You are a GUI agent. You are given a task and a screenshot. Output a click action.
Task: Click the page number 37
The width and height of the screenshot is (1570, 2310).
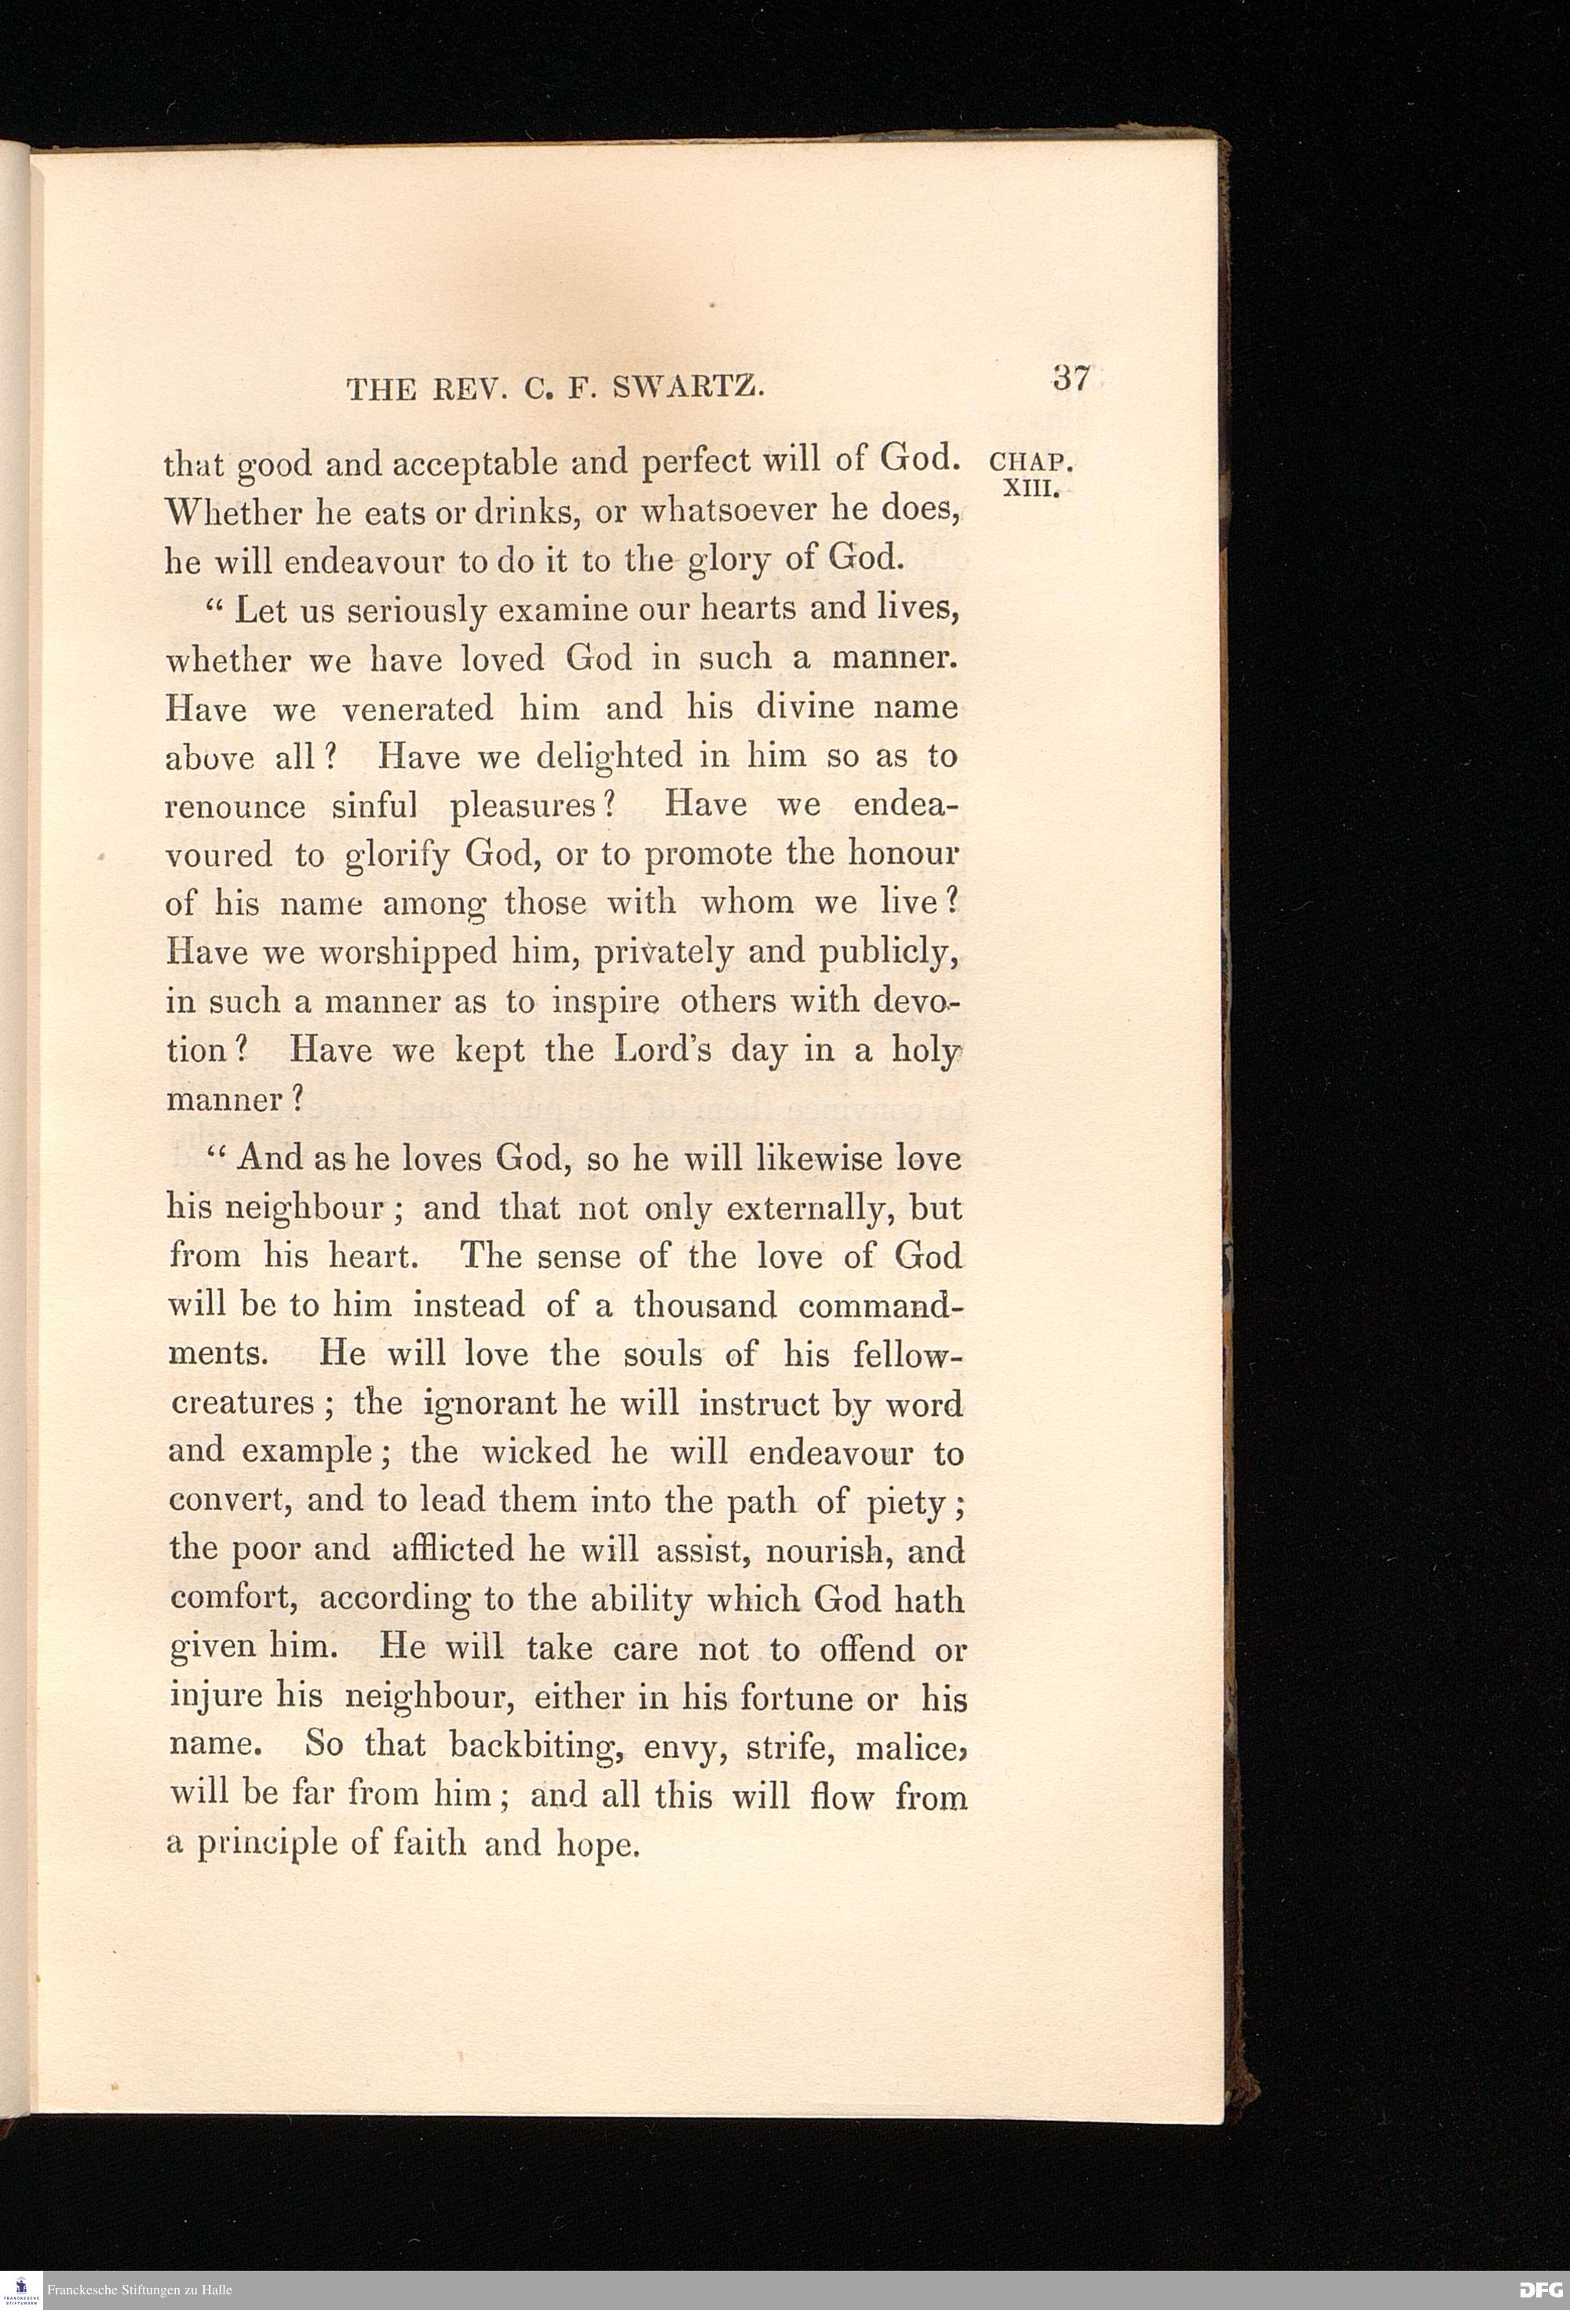1070,379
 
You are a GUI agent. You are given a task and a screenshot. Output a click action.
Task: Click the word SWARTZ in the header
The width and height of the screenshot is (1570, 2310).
688,388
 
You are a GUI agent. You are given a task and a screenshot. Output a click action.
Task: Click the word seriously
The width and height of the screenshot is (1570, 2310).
414,610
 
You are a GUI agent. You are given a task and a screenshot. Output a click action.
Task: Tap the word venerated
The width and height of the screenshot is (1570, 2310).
417,709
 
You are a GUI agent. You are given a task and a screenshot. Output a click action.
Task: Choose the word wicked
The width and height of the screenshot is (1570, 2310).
536,1452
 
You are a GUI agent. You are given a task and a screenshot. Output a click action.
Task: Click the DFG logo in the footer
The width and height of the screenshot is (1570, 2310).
1539,2291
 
